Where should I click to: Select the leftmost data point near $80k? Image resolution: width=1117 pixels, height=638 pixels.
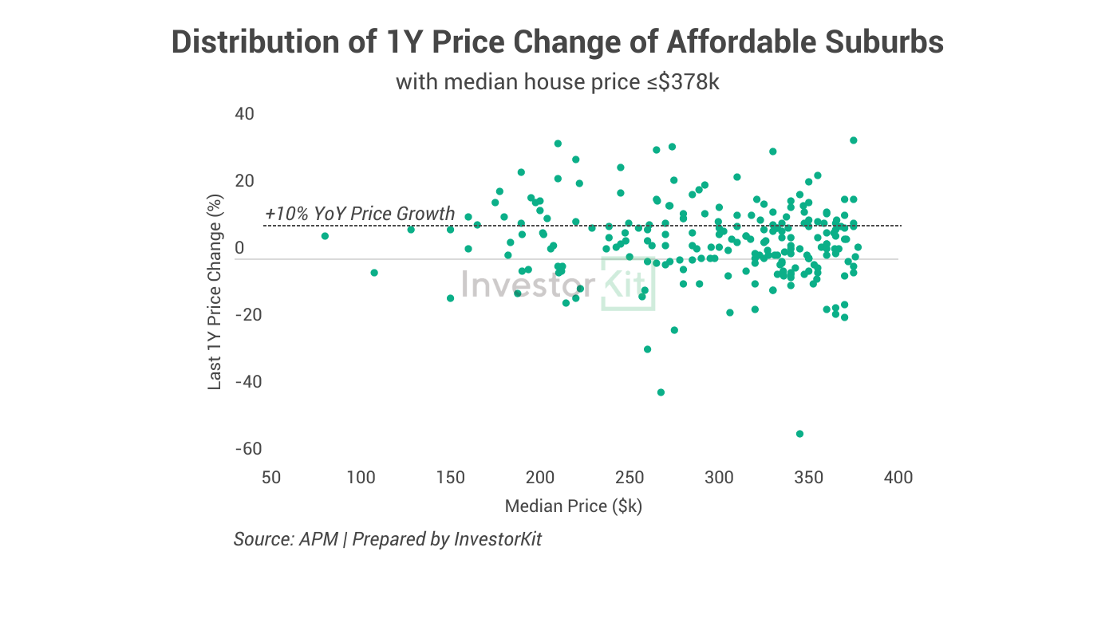tap(325, 236)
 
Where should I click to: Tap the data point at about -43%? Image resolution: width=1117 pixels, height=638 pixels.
tap(661, 392)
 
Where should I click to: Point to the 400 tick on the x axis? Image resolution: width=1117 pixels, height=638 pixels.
tap(898, 478)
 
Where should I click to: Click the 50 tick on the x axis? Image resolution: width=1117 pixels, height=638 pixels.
tap(271, 478)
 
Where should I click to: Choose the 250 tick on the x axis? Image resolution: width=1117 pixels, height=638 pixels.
tap(630, 478)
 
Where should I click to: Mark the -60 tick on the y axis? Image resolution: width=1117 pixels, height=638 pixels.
tap(248, 449)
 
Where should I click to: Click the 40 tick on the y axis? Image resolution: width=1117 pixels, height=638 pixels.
tap(244, 114)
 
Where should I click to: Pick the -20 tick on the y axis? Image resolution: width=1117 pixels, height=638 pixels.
tap(248, 315)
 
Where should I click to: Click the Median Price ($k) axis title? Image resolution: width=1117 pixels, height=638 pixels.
tap(573, 506)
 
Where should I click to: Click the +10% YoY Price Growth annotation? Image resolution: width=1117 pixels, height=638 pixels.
tap(360, 214)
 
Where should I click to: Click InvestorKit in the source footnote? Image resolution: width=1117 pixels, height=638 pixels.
tap(498, 539)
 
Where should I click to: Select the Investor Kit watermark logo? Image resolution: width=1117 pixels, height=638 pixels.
tap(558, 286)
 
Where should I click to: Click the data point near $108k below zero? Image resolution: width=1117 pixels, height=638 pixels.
tap(374, 273)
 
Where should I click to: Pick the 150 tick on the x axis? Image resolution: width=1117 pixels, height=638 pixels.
tap(451, 478)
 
